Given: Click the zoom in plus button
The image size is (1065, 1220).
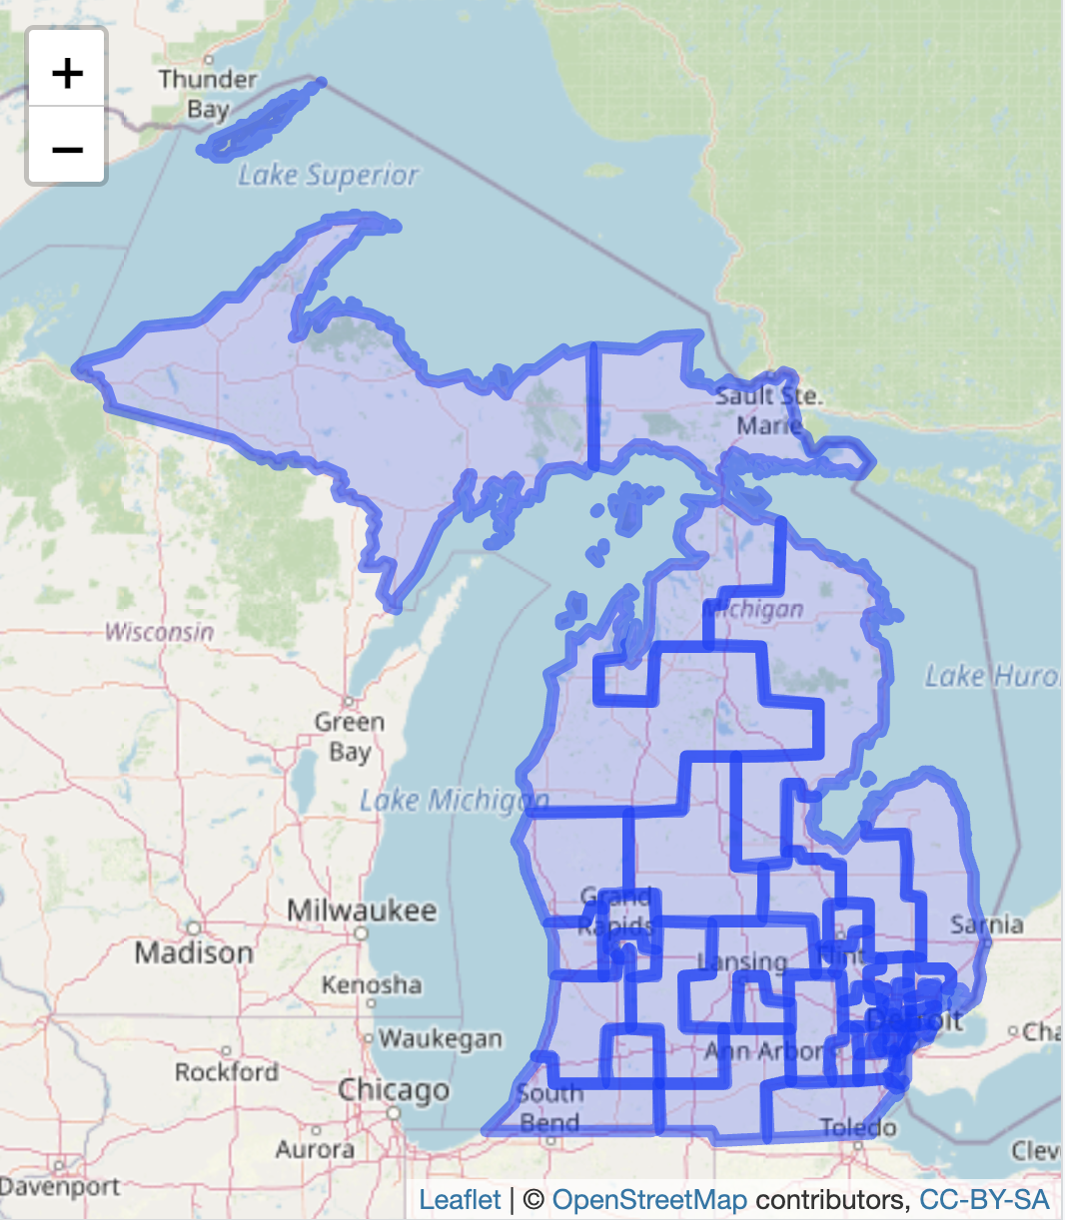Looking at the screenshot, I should point(67,72).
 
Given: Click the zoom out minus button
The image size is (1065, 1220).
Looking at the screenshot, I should point(67,149).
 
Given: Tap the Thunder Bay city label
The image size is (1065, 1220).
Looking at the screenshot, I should point(208,93).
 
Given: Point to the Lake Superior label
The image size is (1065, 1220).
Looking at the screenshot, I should point(328,176).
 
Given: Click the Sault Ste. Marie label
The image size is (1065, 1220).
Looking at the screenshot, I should point(768,410).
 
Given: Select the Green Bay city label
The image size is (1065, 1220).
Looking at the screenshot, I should point(349,736).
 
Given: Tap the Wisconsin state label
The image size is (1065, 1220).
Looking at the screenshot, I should point(159,632).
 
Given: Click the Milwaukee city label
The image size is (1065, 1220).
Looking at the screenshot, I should point(362,911).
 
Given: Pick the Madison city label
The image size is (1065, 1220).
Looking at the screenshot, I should point(194,953).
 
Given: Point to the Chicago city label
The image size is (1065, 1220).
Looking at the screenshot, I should point(393,1090).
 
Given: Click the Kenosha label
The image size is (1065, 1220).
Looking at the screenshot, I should point(372,985).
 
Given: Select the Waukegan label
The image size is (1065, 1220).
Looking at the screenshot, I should point(440,1038).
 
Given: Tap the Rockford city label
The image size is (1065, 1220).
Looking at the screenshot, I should point(227,1072).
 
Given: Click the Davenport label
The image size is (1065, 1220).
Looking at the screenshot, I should point(60,1187).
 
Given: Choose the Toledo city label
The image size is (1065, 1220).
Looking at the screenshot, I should point(857,1128).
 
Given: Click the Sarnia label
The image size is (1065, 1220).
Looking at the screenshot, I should point(986,924).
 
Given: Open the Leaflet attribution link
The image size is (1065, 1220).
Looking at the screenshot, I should point(460,1199).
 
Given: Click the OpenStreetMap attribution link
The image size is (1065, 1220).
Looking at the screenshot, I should point(648,1199).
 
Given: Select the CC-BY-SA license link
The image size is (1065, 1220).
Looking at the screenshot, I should point(984,1199).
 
